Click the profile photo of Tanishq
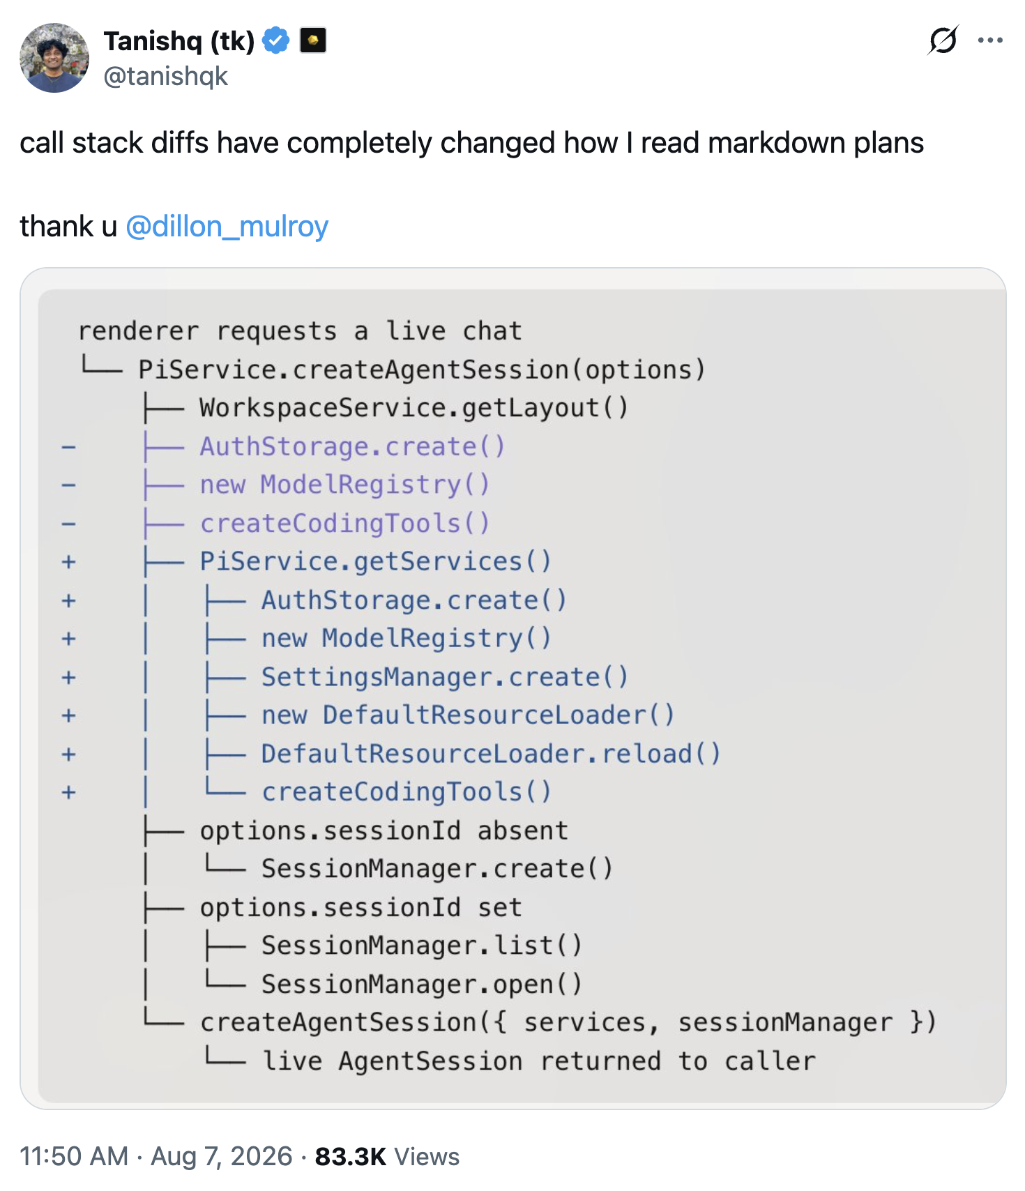click(54, 58)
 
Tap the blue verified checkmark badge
click(276, 40)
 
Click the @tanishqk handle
click(166, 76)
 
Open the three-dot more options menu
click(990, 40)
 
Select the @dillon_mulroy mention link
click(227, 227)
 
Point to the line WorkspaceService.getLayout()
click(413, 408)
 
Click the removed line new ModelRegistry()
click(345, 485)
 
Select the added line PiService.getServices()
click(376, 561)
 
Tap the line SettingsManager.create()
click(445, 677)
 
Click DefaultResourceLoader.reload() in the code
click(491, 754)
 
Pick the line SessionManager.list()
click(422, 946)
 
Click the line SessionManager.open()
click(422, 984)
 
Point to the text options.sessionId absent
click(384, 830)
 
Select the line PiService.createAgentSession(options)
click(422, 370)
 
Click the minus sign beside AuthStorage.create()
click(68, 447)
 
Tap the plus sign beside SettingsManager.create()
click(68, 677)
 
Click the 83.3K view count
click(351, 1156)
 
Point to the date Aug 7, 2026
click(222, 1156)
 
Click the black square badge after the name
click(313, 40)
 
